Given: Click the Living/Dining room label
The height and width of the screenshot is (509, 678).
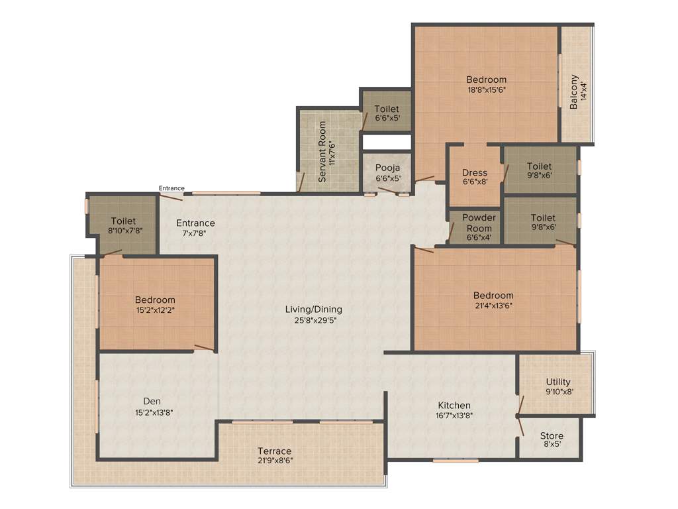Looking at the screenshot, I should [313, 309].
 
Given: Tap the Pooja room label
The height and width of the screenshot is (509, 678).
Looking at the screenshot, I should [387, 168].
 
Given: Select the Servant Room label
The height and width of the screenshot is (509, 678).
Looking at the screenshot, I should [322, 152].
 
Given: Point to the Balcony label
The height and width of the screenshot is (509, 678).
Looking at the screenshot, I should [574, 86].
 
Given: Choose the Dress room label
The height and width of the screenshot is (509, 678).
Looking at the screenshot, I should [474, 173].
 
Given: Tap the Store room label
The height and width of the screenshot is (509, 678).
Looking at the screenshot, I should [552, 435].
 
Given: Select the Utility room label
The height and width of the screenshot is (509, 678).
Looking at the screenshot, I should [558, 382].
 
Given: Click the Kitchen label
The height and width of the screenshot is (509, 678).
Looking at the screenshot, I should [454, 405].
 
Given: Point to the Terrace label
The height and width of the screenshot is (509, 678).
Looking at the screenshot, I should [275, 451].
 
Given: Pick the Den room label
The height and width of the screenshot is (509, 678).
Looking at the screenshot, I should [152, 401].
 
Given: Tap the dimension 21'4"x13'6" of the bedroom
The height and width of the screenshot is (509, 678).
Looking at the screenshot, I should [493, 306].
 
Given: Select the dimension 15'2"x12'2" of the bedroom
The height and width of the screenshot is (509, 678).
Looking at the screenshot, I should [155, 310].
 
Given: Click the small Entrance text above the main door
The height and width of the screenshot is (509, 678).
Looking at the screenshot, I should [171, 188].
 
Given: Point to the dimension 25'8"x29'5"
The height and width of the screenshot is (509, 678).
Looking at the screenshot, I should [313, 319].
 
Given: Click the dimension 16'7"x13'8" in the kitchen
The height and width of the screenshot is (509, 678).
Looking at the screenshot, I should [454, 416].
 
